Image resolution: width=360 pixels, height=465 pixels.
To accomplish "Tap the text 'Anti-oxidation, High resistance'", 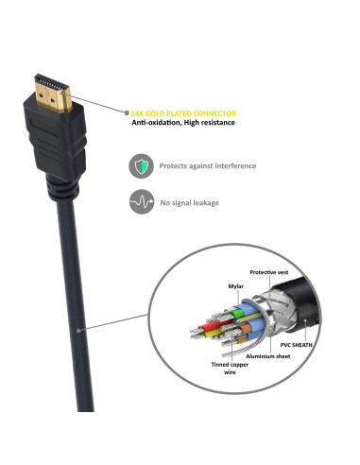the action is tap(182, 122).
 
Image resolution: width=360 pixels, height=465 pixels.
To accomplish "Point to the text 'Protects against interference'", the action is tap(208, 165).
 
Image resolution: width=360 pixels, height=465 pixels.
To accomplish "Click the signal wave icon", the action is tap(140, 201).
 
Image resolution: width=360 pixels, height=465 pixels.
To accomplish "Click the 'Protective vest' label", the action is tap(269, 271).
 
